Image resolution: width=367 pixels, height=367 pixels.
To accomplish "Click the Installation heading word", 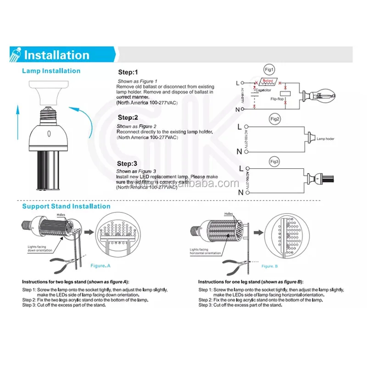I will click(x=56, y=55).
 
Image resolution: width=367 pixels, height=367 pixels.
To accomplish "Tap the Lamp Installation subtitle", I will click(x=51, y=71).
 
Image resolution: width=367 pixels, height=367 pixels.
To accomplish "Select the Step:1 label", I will click(x=128, y=72).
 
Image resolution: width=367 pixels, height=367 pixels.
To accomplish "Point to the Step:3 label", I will click(x=127, y=164).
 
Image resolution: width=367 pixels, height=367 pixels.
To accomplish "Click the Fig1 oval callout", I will click(x=270, y=70).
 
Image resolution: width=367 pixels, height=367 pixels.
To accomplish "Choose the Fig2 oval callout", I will click(x=275, y=119).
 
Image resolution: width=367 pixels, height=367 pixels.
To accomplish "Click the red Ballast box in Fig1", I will click(x=267, y=81).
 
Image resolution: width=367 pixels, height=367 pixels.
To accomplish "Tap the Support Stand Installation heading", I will click(x=67, y=206).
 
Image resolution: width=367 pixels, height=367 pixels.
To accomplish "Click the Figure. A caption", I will click(x=100, y=266).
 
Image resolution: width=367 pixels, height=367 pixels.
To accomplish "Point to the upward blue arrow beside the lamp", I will click(x=17, y=122).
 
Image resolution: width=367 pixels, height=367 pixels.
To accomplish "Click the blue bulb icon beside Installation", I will click(x=14, y=55).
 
